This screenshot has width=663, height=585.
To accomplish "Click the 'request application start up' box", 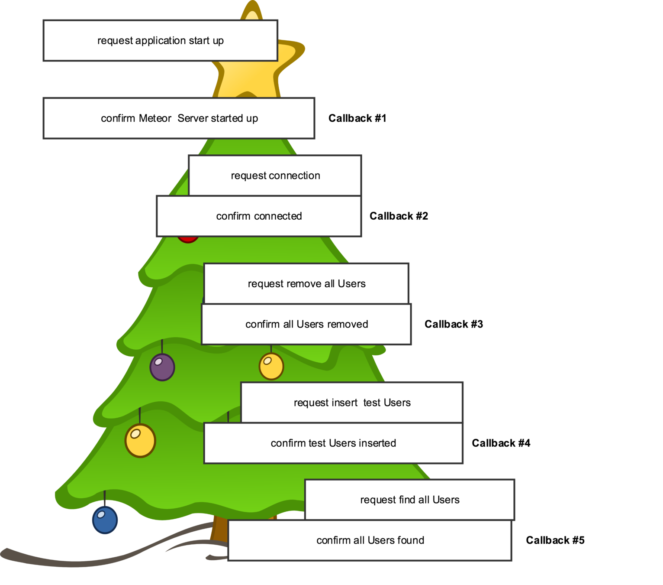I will tap(160, 40).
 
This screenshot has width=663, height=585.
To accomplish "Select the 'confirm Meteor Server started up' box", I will tap(179, 118).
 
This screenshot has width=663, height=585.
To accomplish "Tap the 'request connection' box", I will tap(275, 175).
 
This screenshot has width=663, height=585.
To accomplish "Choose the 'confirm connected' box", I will tap(259, 216).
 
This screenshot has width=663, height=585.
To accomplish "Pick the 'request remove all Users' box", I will tap(306, 284).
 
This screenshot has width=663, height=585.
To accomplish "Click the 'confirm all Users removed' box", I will tap(306, 324).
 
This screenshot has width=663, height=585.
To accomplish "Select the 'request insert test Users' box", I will tap(352, 403).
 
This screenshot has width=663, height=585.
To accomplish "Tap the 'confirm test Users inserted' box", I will tap(333, 443).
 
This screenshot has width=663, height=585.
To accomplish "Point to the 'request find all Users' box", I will tap(409, 500).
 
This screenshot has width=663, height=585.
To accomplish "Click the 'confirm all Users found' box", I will tap(370, 540).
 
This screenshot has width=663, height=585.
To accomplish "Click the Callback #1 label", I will tap(357, 118).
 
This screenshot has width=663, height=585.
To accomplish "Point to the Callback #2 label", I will tap(399, 216).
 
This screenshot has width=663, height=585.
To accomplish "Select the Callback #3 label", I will tap(454, 324).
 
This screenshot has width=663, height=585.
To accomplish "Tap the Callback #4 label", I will tap(501, 443).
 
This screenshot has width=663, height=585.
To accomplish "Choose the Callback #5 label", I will tap(555, 540).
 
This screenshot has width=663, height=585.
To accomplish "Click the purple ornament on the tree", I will tap(162, 367).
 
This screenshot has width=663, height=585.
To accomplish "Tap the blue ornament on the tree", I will tap(105, 520).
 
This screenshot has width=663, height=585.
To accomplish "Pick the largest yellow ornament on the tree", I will tap(140, 441).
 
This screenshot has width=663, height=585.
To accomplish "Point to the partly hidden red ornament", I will tap(188, 239).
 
